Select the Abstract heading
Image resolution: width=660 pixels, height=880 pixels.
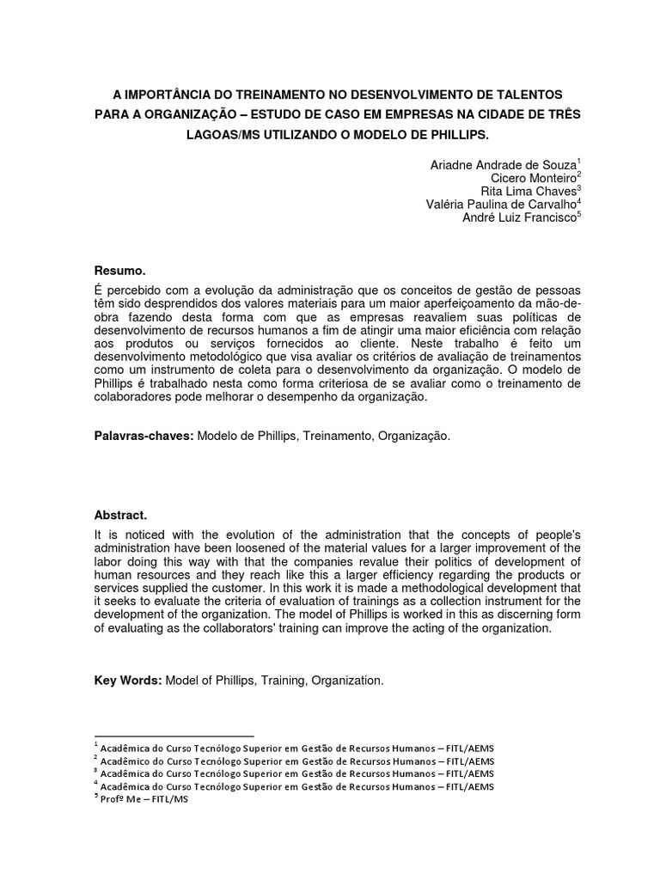coord(119,515)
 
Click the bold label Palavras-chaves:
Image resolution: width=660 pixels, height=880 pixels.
coord(144,437)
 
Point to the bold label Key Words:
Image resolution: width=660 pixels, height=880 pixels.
coord(126,681)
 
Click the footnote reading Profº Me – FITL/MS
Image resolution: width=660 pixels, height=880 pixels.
coord(144,798)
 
